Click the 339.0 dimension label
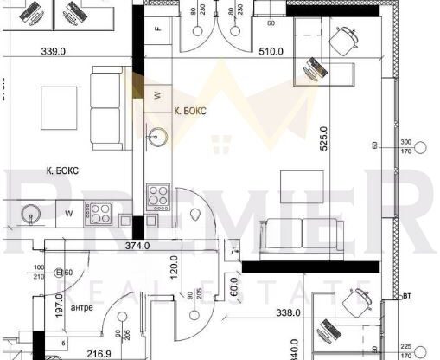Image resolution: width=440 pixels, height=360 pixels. (x=54, y=51)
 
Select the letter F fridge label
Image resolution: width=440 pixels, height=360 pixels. (x=157, y=28)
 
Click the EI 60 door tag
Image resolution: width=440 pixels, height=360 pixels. (x=64, y=273)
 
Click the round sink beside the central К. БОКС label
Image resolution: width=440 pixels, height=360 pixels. (x=156, y=135)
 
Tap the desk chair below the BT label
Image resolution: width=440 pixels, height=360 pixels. (x=356, y=303)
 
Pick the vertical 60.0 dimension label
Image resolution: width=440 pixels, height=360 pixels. (x=234, y=286)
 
